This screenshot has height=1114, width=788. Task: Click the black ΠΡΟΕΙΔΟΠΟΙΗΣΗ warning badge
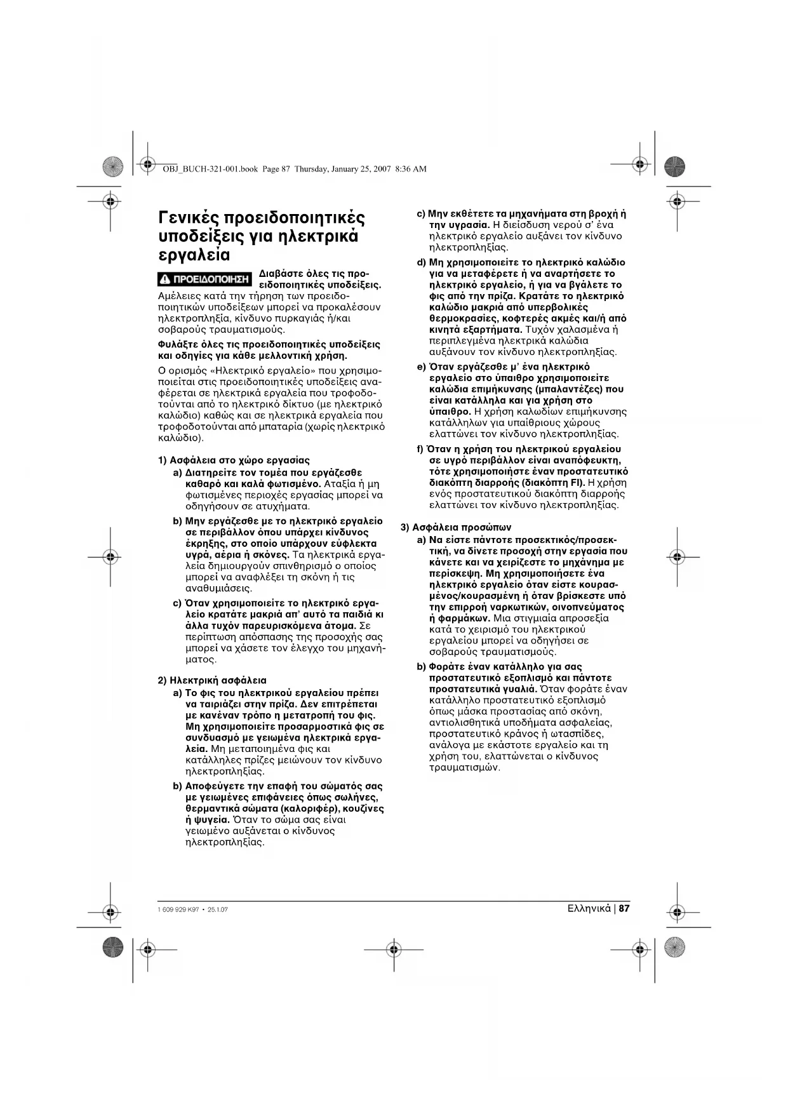[x=204, y=279]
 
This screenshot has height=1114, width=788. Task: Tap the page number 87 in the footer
[x=624, y=908]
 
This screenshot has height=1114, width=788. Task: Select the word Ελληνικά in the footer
[x=589, y=908]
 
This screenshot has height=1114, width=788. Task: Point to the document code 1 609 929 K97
[x=176, y=909]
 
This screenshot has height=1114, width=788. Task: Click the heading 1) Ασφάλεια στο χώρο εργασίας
[x=233, y=460]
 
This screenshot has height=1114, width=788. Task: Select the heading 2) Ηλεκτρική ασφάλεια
[x=211, y=680]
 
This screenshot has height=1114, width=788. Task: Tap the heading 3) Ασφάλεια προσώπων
[x=455, y=527]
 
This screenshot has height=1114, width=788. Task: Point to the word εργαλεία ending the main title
[x=194, y=256]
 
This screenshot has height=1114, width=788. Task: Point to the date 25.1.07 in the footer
[x=217, y=909]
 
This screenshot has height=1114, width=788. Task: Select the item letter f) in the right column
[x=420, y=450]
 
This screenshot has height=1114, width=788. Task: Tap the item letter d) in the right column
[x=421, y=262]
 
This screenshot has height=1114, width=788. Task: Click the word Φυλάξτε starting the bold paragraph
[x=175, y=344]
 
